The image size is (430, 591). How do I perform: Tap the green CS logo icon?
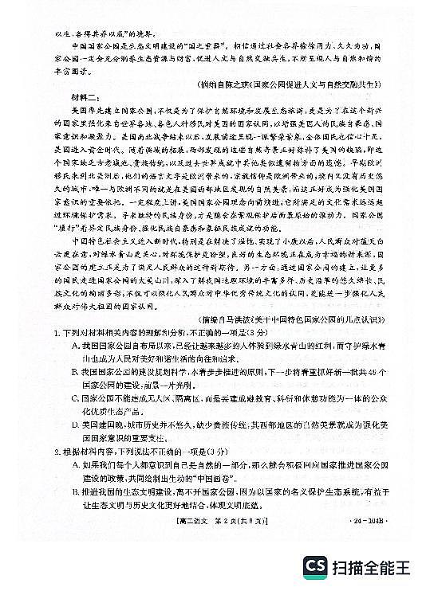coord(317,568)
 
